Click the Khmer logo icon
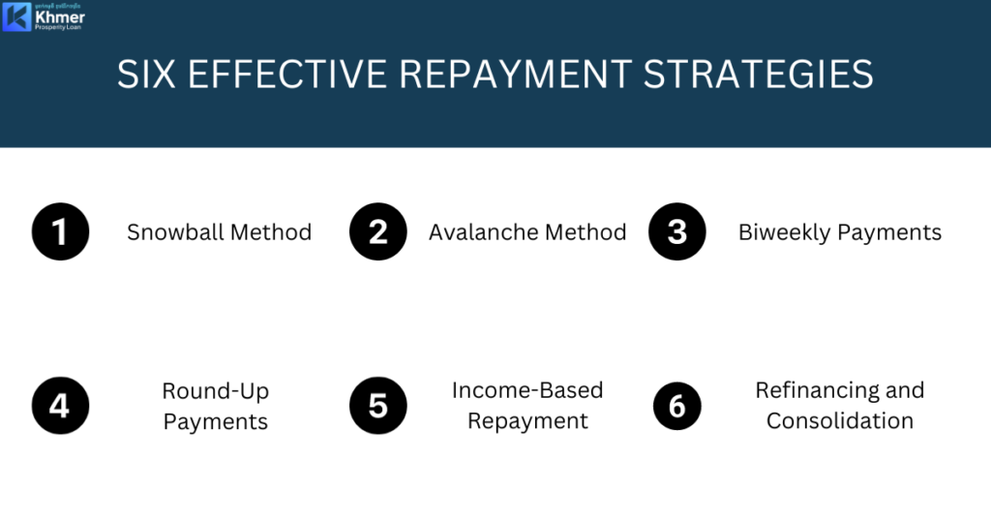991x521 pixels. coord(16,17)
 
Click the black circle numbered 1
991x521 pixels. coord(60,232)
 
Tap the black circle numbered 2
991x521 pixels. coord(377,232)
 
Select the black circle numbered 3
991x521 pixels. coord(676,232)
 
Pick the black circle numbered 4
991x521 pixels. coord(60,405)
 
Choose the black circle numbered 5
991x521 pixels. coord(377,405)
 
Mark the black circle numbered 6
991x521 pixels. coord(676,405)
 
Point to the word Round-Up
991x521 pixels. coord(216,391)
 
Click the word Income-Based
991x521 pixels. coord(527,390)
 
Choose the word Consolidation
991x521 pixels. coord(840,421)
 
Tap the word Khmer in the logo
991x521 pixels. coord(60,17)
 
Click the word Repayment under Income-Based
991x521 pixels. coord(527,421)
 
